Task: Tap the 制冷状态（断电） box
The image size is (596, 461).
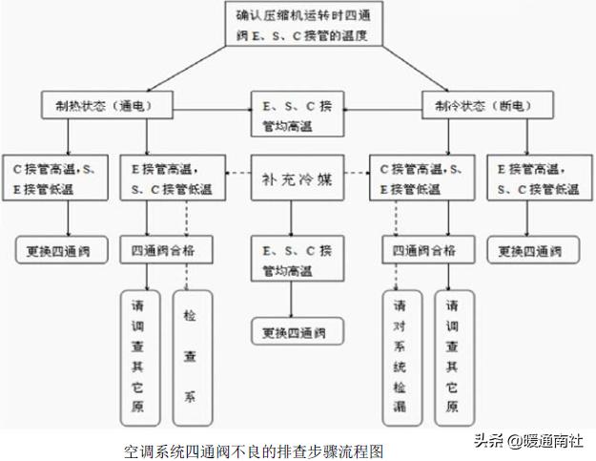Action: click(475, 106)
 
